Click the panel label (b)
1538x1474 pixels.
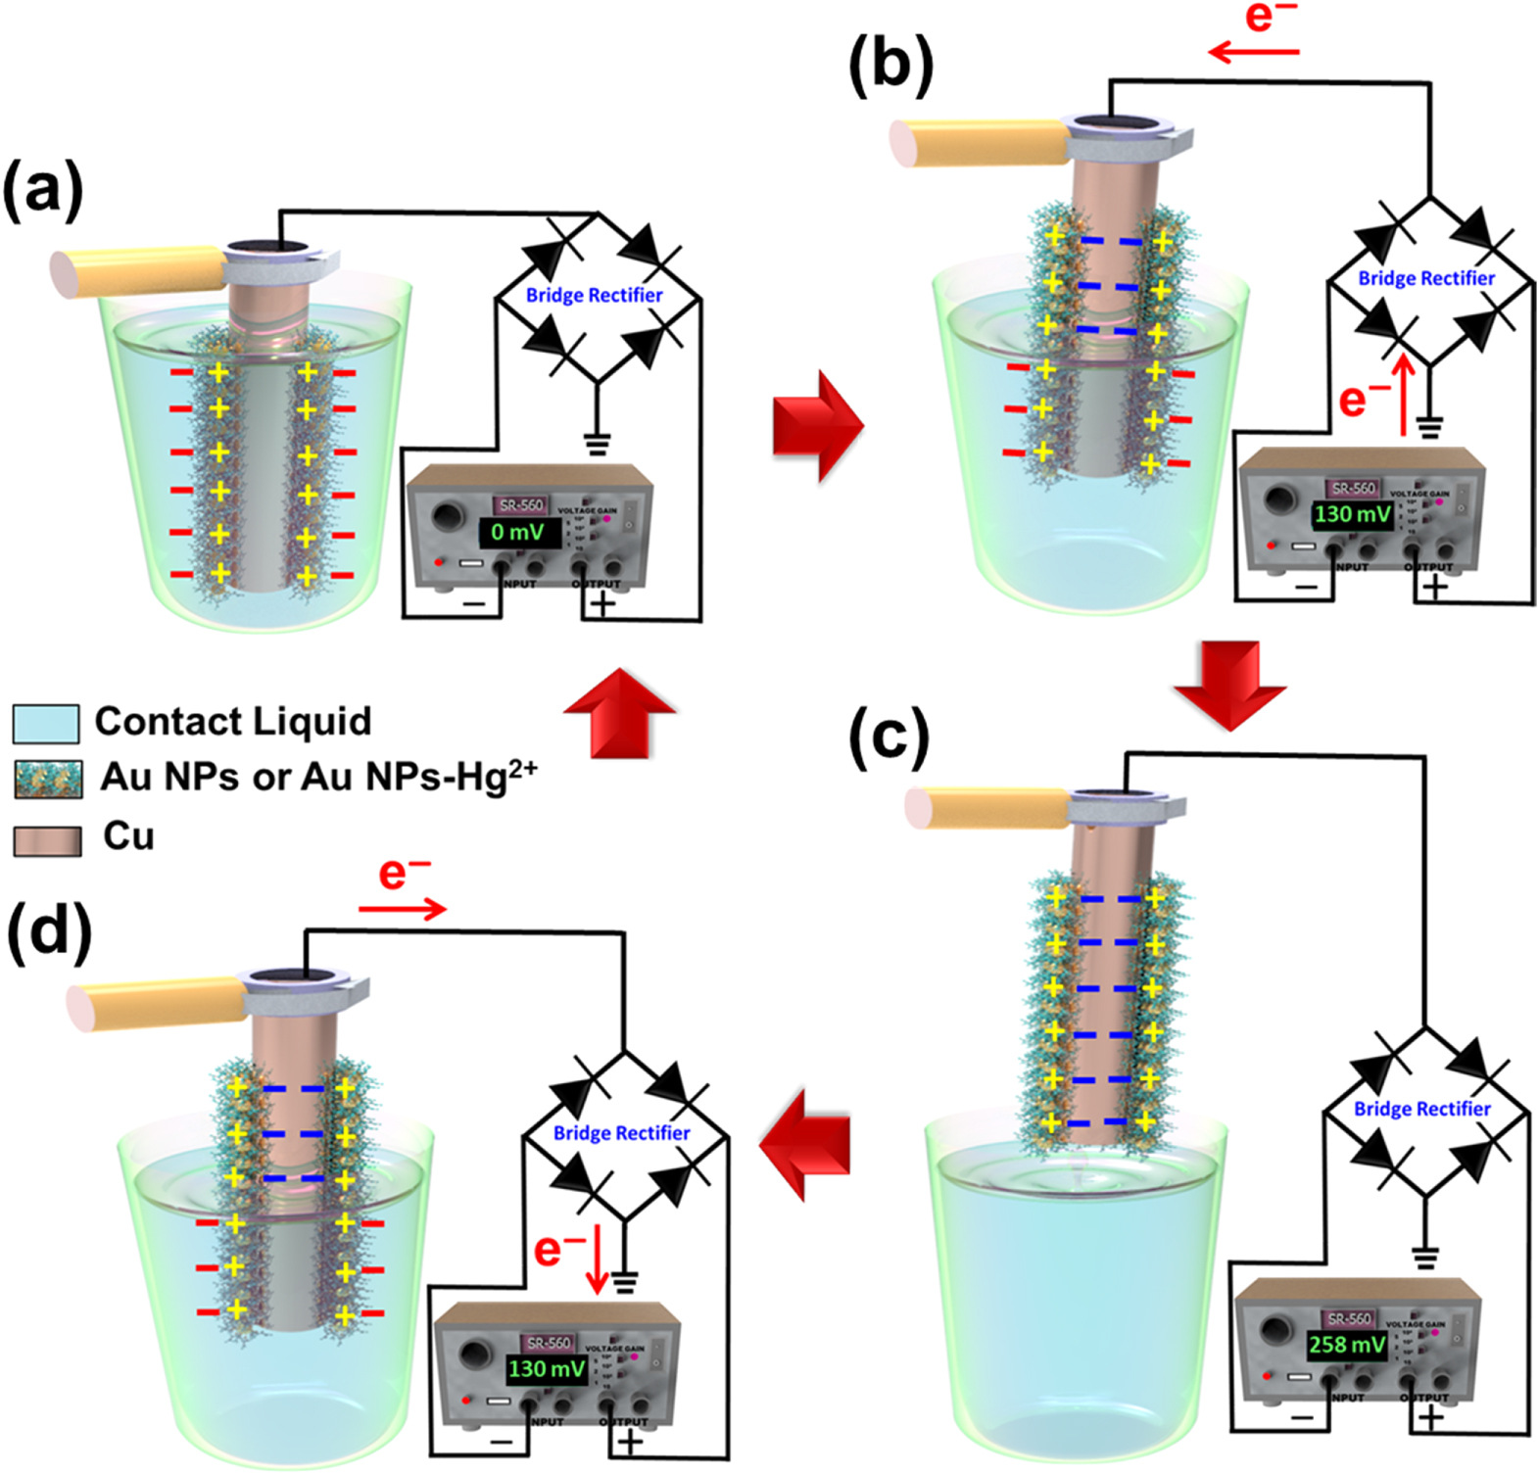pos(890,66)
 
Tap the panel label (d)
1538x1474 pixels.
pos(49,929)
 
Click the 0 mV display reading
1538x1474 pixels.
pos(518,533)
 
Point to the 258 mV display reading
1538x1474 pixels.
pos(1347,1345)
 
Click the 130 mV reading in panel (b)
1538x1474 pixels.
pos(1352,514)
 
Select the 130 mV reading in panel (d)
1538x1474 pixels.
pos(546,1368)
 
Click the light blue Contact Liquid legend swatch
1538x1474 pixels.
pos(45,723)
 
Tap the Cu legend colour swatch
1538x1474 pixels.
pos(47,840)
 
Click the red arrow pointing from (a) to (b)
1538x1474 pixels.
pos(817,426)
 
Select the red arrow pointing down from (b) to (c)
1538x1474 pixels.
pos(1230,686)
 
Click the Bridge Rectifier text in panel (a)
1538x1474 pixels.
pos(594,295)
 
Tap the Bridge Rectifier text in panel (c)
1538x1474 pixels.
pos(1421,1109)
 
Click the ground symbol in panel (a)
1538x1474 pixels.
pos(596,444)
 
